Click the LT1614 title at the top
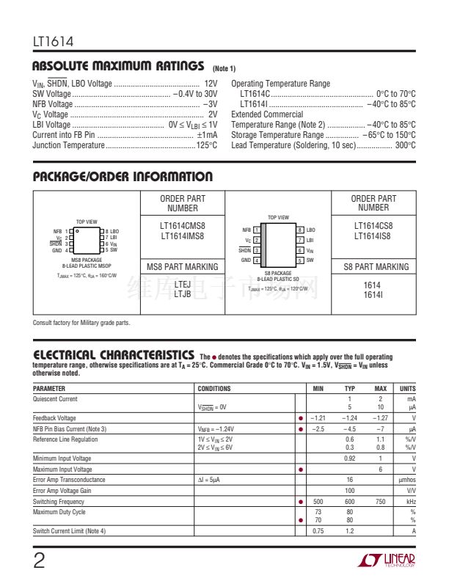[53, 42]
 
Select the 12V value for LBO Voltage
[211, 84]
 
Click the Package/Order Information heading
[123, 177]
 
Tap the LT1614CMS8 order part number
[183, 227]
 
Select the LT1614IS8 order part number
[373, 235]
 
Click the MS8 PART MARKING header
[183, 267]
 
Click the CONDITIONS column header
[214, 389]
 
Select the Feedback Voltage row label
[54, 418]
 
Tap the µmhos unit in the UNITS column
[406, 480]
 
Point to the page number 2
[40, 560]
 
